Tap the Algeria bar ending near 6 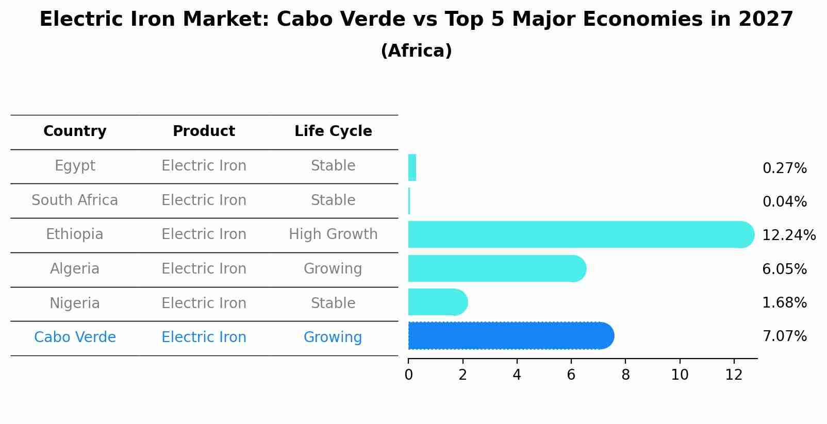pyautogui.click(x=495, y=268)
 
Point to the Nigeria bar pyautogui.click(x=436, y=302)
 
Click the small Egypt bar pyautogui.click(x=412, y=167)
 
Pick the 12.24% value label pyautogui.click(x=788, y=235)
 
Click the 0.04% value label pyautogui.click(x=784, y=202)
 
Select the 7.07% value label pyautogui.click(x=784, y=336)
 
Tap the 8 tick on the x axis pyautogui.click(x=625, y=375)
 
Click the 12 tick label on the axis pyautogui.click(x=734, y=375)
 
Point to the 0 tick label pyautogui.click(x=408, y=375)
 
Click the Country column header pyautogui.click(x=75, y=131)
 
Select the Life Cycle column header pyautogui.click(x=333, y=131)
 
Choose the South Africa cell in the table pyautogui.click(x=75, y=200)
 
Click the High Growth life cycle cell pyautogui.click(x=333, y=234)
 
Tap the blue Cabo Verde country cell pyautogui.click(x=75, y=337)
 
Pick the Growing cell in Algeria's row pyautogui.click(x=333, y=269)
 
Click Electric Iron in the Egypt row pyautogui.click(x=204, y=166)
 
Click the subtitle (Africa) pyautogui.click(x=416, y=51)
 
